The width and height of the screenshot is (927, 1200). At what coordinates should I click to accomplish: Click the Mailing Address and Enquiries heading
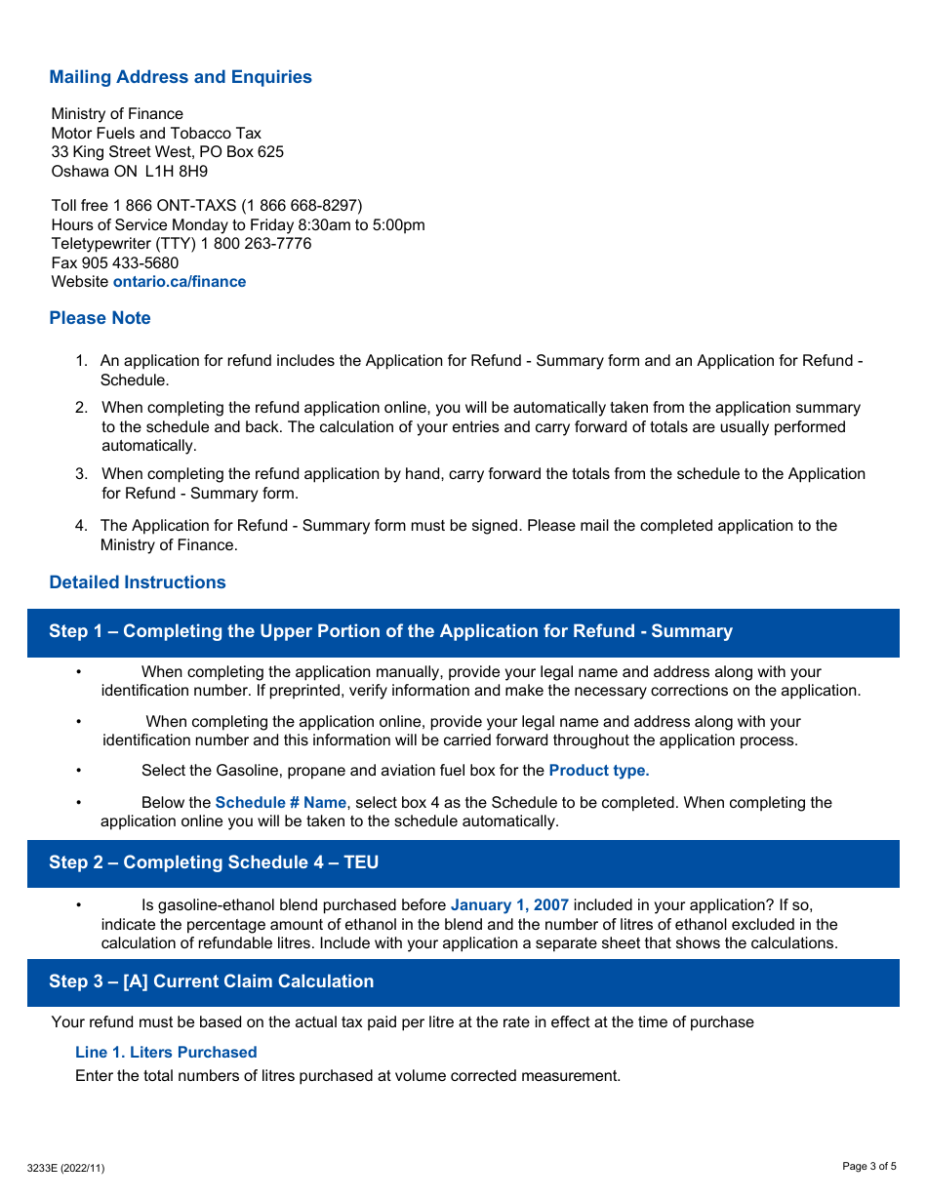tap(181, 77)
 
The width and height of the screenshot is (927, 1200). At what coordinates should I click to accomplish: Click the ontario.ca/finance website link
tap(180, 282)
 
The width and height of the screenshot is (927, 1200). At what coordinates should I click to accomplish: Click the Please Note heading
tap(100, 318)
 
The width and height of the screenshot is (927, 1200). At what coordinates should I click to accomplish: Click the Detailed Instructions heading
tap(138, 582)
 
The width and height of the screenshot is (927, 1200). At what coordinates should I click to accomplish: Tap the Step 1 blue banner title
tap(390, 631)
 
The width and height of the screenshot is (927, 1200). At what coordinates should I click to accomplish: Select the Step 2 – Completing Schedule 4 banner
tap(214, 862)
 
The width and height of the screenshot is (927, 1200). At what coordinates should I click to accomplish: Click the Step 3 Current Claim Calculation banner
tap(211, 981)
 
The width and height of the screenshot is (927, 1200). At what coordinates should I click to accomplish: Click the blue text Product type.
tap(598, 771)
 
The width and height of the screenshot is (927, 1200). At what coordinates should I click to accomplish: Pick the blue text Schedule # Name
tap(280, 803)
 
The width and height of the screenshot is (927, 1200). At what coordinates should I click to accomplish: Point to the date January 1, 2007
tap(509, 905)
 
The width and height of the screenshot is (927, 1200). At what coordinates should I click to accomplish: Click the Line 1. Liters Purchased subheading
tap(166, 1053)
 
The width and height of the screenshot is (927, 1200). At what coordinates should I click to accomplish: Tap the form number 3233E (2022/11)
tap(65, 1168)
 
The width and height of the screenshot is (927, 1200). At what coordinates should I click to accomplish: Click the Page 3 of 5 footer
tap(869, 1166)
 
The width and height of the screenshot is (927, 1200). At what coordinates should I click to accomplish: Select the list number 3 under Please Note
tap(82, 474)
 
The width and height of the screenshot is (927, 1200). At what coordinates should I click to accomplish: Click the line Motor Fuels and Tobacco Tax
tap(156, 134)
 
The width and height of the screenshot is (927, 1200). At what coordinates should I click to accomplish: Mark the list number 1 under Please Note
tap(82, 361)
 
